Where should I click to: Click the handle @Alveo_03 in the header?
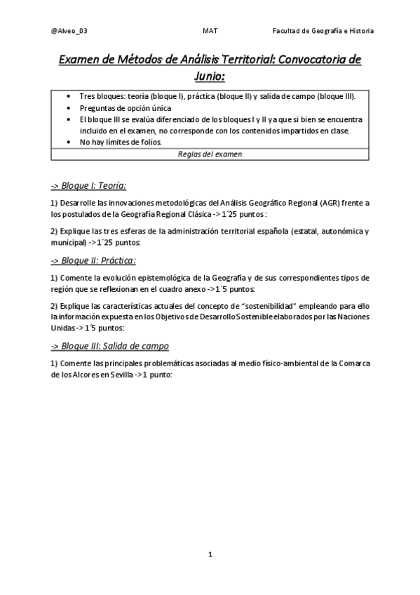click(x=69, y=31)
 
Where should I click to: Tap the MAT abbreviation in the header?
click(x=210, y=31)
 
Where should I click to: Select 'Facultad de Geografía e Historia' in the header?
click(x=323, y=31)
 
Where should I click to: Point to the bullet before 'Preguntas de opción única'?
click(x=67, y=108)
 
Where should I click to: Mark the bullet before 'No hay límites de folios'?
click(x=67, y=142)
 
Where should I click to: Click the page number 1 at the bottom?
click(x=210, y=554)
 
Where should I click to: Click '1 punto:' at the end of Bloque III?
click(x=151, y=375)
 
